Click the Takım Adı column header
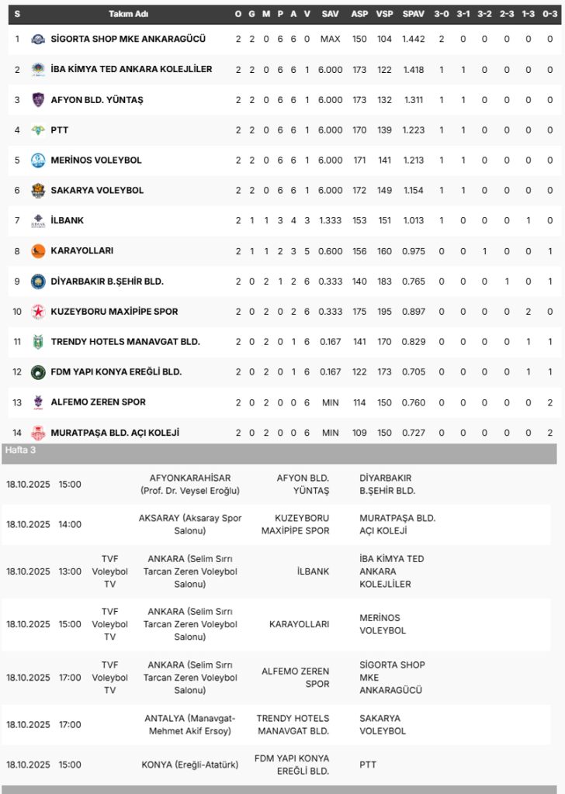[129, 14]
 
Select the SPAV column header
[413, 14]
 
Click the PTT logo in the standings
[38, 130]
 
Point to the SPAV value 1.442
[413, 39]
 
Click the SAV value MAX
[330, 39]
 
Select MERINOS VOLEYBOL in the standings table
[96, 161]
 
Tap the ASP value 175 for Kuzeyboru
[359, 312]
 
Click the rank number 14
[17, 433]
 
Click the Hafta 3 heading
[21, 450]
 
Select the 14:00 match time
[70, 524]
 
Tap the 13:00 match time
[70, 571]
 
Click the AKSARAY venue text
[190, 524]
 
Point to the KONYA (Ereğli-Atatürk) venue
[190, 765]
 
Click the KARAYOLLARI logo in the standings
[38, 251]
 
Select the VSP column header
[384, 14]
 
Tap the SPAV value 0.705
[413, 372]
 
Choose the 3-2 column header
[484, 14]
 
